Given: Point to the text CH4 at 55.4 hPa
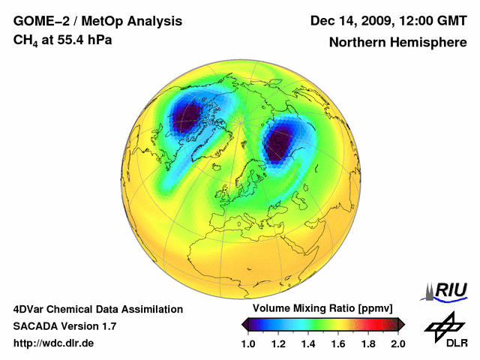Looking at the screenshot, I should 63,40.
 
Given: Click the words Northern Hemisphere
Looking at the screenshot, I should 397,43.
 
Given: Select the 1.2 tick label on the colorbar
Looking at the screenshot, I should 279,343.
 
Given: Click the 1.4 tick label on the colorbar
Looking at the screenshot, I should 308,343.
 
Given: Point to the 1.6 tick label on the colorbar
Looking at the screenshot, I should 338,343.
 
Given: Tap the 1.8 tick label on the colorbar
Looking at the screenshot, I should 367,343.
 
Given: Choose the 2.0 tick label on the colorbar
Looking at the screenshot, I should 397,343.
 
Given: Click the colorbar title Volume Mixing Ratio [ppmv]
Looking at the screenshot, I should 322,309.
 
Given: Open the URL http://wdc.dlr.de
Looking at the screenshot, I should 53,343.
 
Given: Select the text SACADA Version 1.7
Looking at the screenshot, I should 64,326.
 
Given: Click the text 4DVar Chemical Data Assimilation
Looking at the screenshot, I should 97,309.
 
